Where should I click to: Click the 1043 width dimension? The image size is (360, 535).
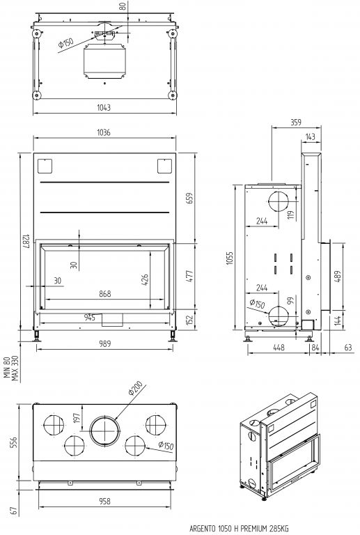pos(104,108)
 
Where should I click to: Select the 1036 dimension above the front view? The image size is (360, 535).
pos(104,132)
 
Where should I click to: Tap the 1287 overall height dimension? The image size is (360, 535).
pos(26,241)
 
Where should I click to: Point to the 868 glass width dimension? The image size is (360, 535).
pos(105,294)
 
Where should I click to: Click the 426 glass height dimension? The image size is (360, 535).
pos(145,280)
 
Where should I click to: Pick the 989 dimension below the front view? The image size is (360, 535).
pos(104,343)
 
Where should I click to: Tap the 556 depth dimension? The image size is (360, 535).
pos(15,442)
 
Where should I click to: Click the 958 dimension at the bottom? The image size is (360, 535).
pos(104,502)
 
